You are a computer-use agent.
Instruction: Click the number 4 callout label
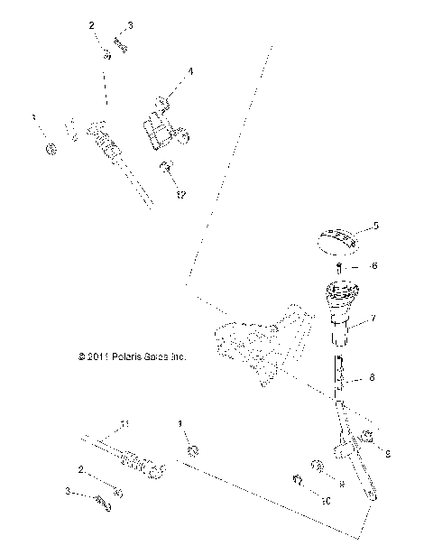point(190,71)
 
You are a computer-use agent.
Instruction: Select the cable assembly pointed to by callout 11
point(126,458)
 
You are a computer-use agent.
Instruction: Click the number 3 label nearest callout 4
point(130,26)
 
